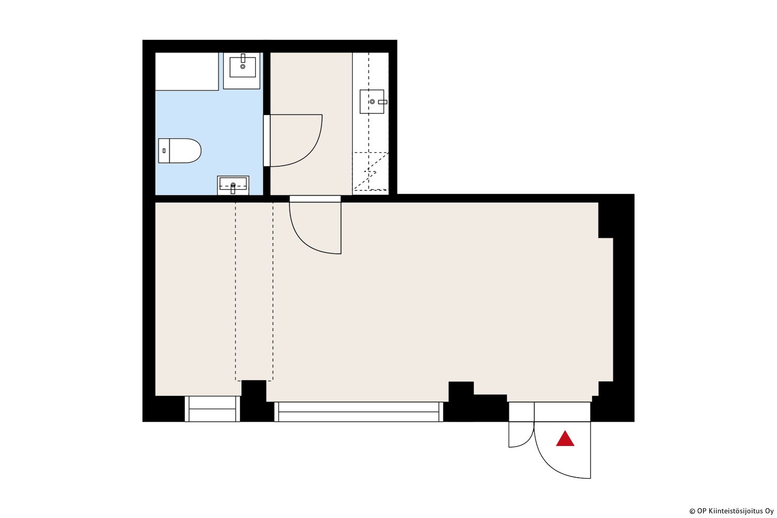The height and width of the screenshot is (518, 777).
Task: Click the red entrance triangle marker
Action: point(565,439)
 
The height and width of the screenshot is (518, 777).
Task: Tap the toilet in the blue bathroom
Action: point(180,151)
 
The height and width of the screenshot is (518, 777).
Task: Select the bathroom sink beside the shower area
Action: point(242,71)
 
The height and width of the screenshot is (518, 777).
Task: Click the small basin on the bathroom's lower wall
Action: point(233,185)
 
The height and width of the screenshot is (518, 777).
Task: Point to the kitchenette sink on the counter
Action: point(372,102)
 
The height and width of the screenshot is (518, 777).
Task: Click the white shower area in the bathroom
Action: point(186,71)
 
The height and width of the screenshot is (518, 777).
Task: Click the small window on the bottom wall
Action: point(212,409)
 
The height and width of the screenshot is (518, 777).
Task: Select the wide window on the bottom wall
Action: point(358,412)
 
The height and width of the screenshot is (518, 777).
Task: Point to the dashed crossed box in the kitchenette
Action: point(370,171)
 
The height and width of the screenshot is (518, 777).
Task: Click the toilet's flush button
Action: point(164,151)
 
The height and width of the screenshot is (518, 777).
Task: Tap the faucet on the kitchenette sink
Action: point(383,102)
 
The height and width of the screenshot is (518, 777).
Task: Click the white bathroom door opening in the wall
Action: point(267,140)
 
